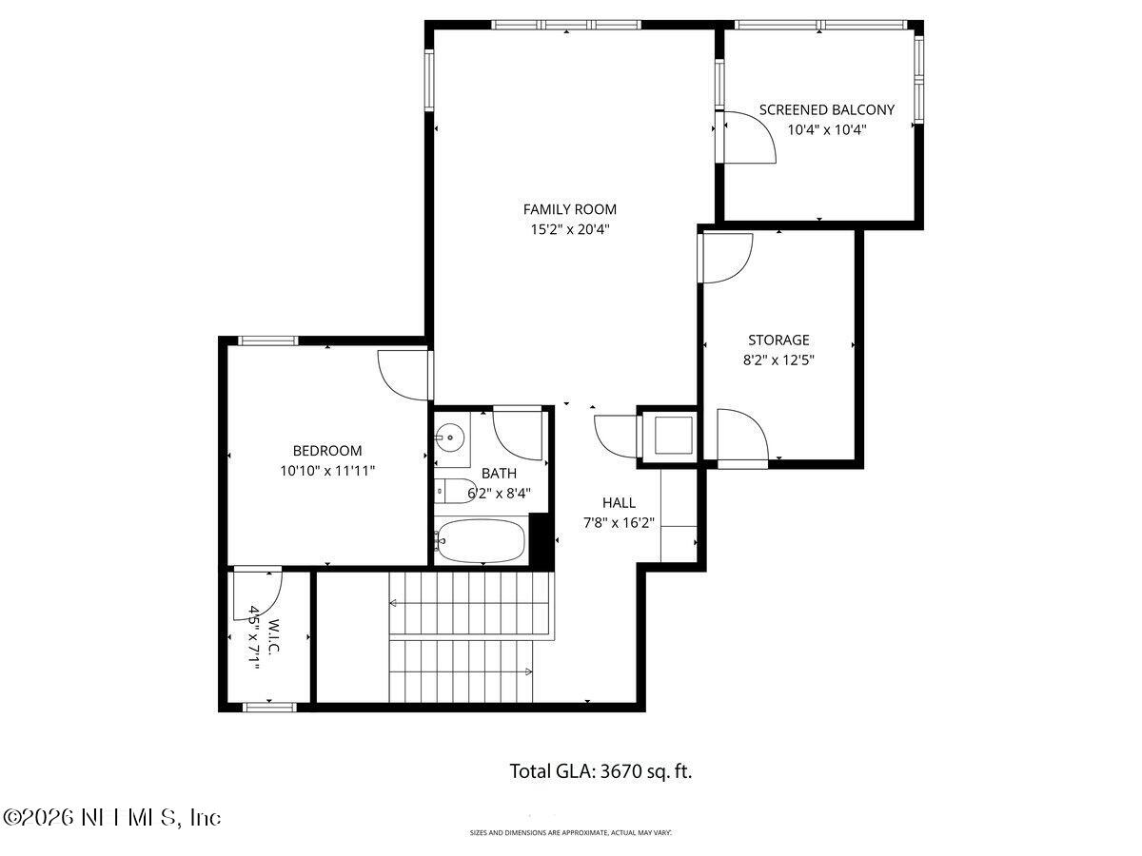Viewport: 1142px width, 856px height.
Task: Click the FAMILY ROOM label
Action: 569,209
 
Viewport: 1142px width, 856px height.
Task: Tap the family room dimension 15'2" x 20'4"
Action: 569,228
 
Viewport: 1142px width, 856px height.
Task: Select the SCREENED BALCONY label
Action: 826,109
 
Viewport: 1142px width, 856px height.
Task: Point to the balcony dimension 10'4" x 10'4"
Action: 826,129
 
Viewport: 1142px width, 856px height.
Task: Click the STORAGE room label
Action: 778,340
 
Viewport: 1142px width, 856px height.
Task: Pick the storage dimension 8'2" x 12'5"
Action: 778,360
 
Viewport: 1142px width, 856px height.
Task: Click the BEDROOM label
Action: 326,451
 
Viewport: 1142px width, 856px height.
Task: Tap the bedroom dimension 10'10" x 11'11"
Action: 326,470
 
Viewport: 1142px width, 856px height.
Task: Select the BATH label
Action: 499,473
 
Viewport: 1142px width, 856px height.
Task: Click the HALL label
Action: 619,502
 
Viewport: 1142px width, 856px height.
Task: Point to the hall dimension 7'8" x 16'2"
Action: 619,522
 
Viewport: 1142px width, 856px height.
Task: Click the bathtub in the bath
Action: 481,540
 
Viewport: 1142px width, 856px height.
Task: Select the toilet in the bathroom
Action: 456,492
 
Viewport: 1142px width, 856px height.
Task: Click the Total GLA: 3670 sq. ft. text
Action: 601,770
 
